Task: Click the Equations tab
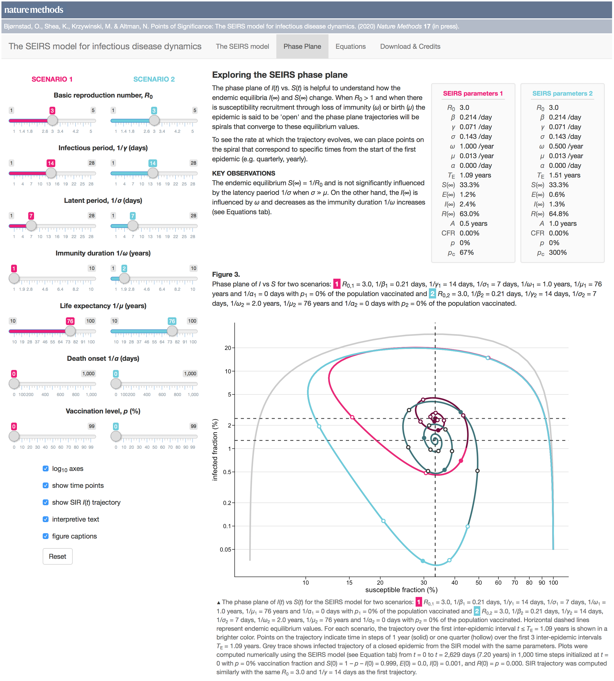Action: pos(350,47)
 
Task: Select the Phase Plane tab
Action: pos(302,47)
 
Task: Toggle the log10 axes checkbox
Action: pos(46,468)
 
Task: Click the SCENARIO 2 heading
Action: pos(154,79)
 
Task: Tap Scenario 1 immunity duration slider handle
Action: pos(14,278)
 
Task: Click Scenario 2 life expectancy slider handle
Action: pos(172,331)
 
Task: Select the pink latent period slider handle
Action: pos(31,226)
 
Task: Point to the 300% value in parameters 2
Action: pos(558,252)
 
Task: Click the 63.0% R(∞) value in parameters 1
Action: pos(469,214)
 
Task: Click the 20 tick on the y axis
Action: pos(228,348)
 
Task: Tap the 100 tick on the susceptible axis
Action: pos(553,582)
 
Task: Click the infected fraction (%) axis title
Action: pos(215,449)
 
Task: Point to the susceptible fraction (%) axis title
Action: pos(401,590)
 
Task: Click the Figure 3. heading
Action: pos(226,274)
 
